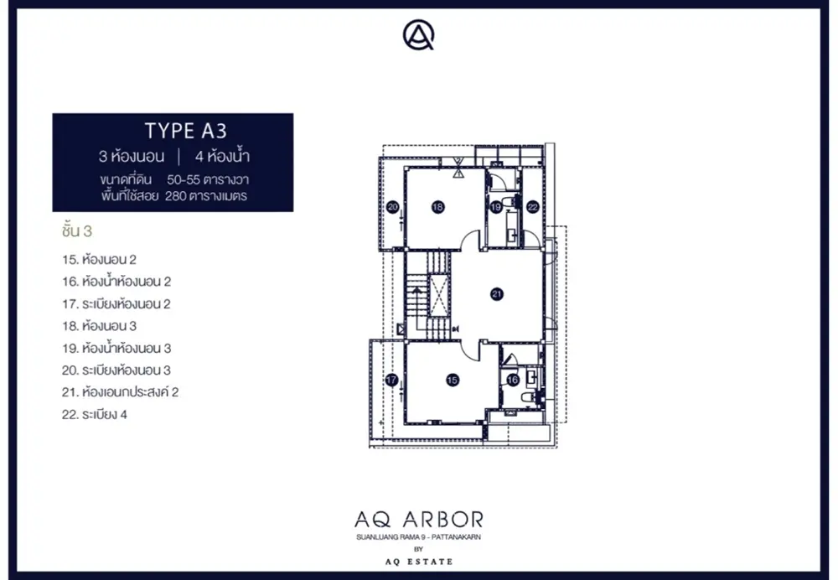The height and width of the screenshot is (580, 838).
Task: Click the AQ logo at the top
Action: (x=418, y=35)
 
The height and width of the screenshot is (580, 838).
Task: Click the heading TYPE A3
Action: (x=186, y=131)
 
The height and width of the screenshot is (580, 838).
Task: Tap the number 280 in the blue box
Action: (x=175, y=196)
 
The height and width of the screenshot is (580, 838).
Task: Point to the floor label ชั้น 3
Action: (x=77, y=231)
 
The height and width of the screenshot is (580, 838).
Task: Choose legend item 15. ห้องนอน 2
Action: (x=100, y=260)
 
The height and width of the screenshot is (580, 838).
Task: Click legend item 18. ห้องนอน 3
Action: (x=100, y=326)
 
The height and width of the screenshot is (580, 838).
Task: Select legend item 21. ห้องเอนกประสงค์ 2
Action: (x=120, y=392)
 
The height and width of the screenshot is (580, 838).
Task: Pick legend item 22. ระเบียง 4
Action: (x=95, y=415)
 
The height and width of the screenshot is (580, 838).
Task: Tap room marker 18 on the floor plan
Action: (x=437, y=207)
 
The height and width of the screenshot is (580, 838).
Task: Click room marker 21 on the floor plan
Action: (x=497, y=293)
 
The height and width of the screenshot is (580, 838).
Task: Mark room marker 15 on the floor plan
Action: (x=453, y=380)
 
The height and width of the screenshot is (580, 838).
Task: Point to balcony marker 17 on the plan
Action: (x=391, y=380)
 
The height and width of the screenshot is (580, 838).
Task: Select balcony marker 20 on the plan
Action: (x=393, y=207)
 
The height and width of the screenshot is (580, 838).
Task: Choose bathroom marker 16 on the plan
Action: (x=513, y=380)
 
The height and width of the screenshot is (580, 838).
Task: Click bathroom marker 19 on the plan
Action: (x=495, y=207)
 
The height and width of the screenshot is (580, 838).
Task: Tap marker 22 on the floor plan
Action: (x=532, y=207)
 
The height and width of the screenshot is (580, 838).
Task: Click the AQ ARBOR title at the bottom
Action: (x=419, y=519)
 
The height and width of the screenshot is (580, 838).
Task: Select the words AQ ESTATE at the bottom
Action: (x=419, y=562)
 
